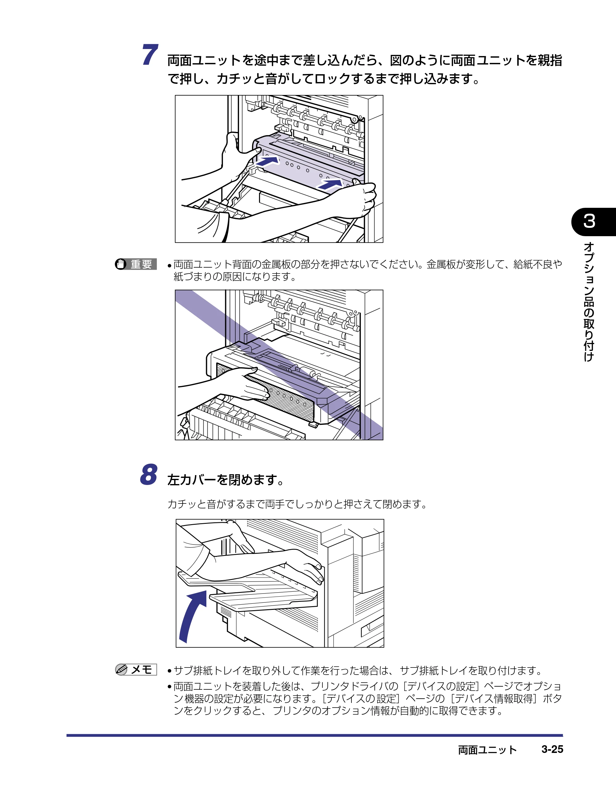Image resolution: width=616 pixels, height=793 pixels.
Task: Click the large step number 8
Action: click(149, 474)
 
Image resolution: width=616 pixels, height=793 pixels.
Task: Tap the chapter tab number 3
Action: click(589, 221)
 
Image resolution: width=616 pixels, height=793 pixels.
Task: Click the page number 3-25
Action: click(552, 749)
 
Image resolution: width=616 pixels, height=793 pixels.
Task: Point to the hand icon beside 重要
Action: click(121, 264)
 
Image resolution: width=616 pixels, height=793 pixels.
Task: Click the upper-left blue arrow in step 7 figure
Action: click(267, 161)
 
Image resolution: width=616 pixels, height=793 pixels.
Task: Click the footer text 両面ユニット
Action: click(487, 750)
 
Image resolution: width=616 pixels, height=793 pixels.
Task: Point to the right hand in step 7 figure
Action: click(357, 200)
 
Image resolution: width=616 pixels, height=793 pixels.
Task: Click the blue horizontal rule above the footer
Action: click(314, 735)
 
